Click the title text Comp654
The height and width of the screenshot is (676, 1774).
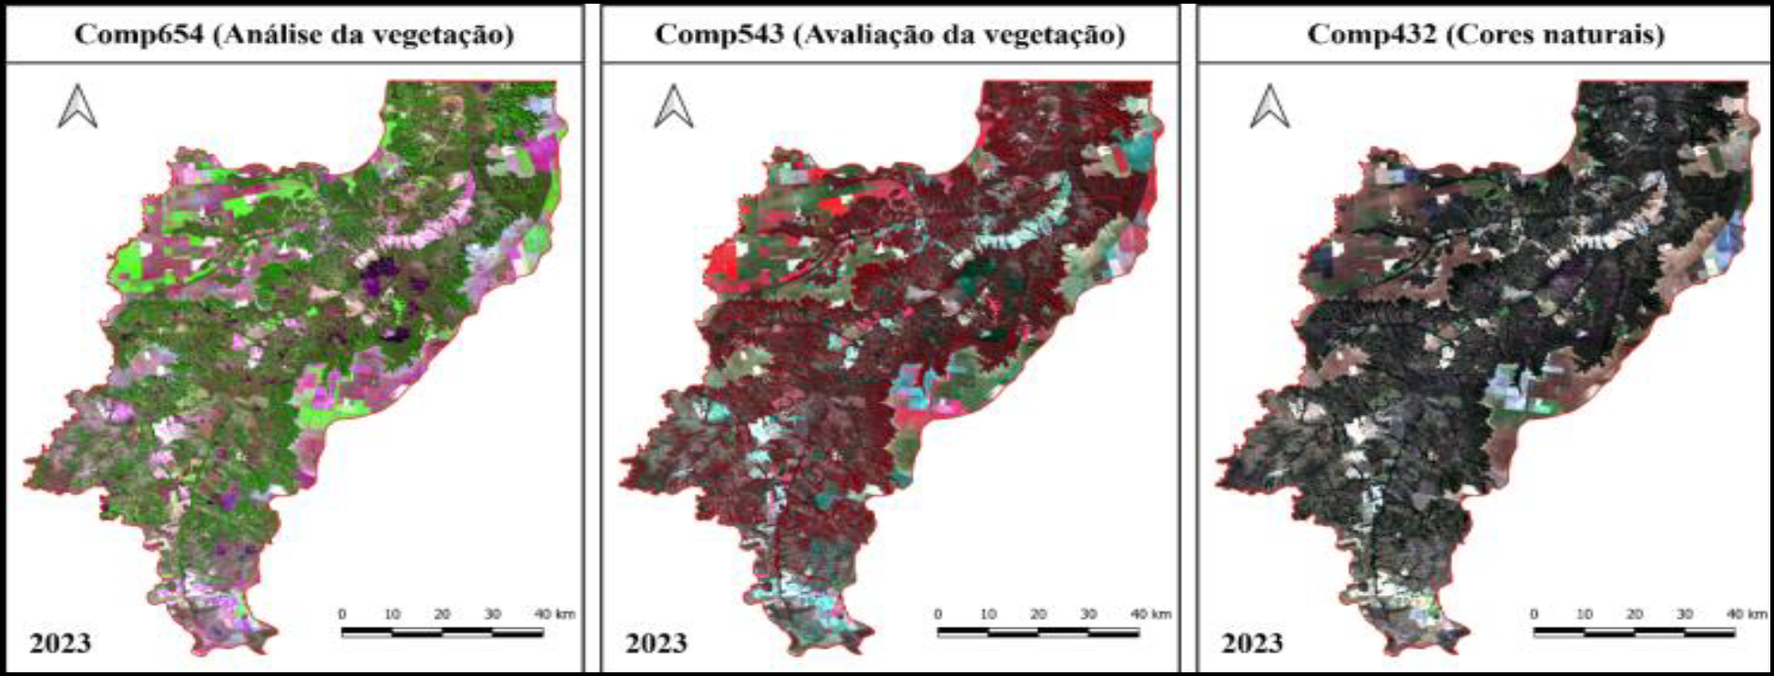point(138,35)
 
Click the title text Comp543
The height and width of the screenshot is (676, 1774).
point(719,35)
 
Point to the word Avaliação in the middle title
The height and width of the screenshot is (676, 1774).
point(866,35)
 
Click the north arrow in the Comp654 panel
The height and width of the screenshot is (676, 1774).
point(77,106)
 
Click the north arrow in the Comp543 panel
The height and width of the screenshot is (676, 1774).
point(674,106)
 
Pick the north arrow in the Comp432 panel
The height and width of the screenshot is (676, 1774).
point(1269,106)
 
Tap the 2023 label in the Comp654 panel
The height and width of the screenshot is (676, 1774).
point(60,643)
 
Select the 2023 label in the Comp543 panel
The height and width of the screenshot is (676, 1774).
point(656,643)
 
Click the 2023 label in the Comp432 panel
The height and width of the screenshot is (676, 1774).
point(1251,643)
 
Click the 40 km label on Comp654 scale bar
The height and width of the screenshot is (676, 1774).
point(554,614)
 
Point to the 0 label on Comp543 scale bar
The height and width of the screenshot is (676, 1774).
point(938,614)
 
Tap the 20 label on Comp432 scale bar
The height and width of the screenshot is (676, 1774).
point(1634,614)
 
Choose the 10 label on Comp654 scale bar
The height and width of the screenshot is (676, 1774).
point(392,614)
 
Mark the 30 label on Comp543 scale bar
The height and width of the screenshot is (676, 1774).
point(1088,614)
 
